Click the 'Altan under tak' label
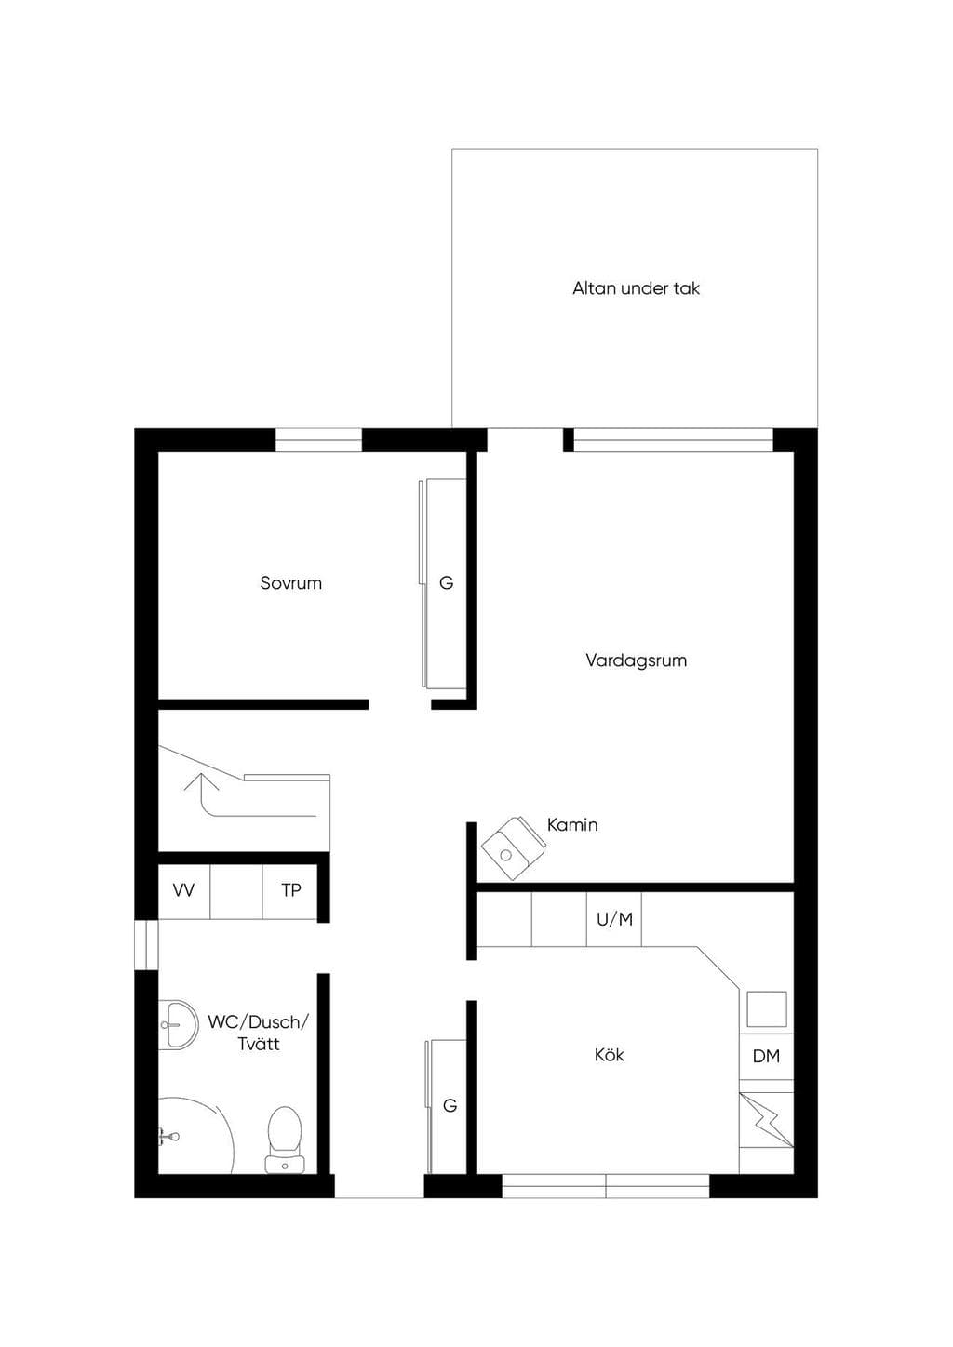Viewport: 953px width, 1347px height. point(636,288)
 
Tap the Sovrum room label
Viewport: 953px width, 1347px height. point(290,582)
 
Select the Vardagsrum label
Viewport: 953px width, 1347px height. point(636,660)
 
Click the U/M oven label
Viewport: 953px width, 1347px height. point(614,919)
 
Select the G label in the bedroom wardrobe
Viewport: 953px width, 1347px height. point(446,582)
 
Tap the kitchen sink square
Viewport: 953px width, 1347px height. point(767,1009)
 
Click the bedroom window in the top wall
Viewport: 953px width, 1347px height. point(318,440)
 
